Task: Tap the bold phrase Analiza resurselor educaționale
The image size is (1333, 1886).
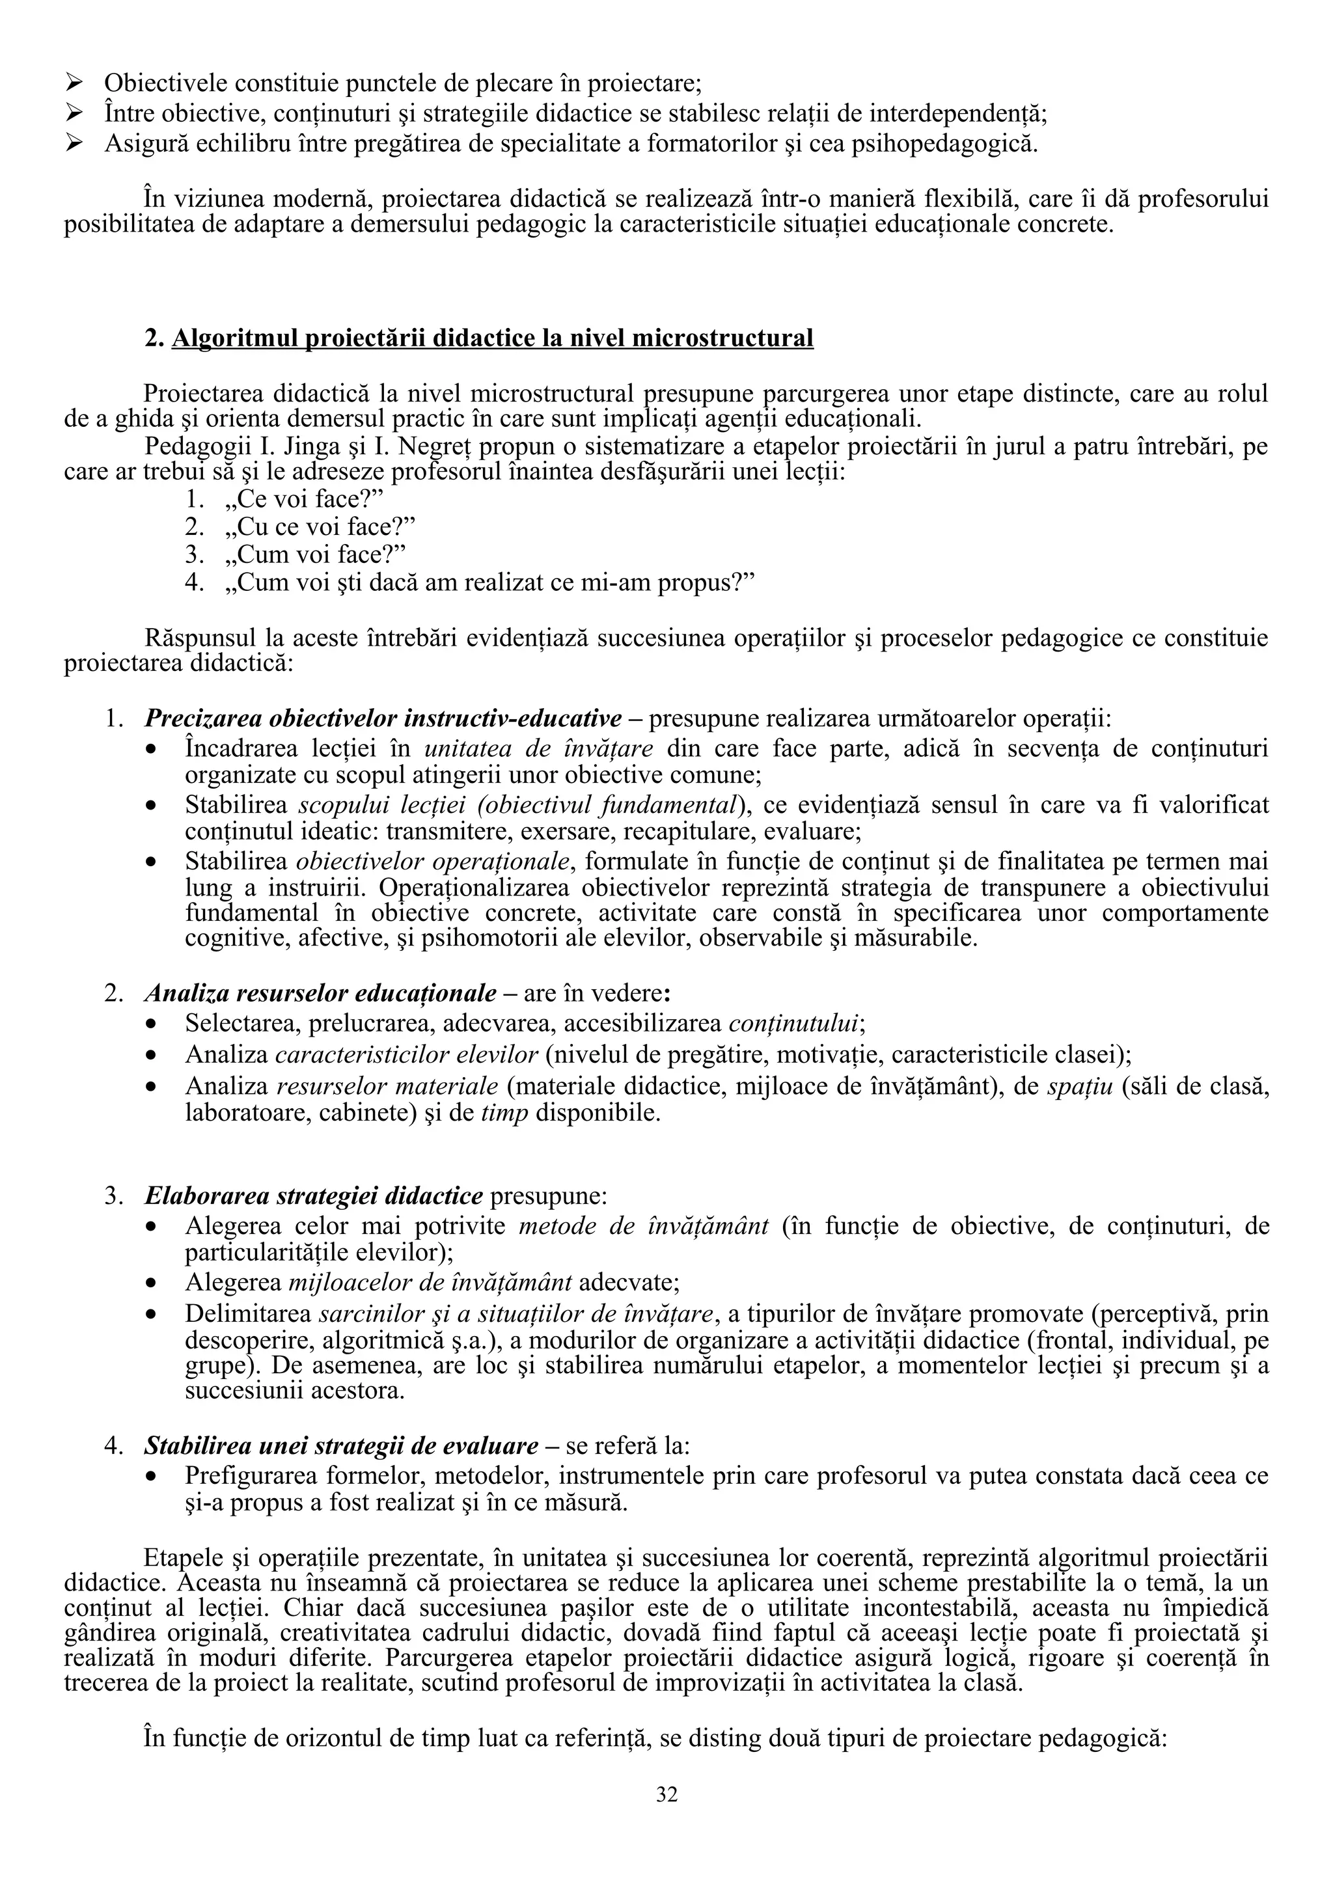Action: (x=320, y=994)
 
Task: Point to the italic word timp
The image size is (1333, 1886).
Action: (x=504, y=1114)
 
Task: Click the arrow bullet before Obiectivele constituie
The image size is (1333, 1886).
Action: (x=75, y=83)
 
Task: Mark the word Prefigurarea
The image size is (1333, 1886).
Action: (x=251, y=1476)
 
